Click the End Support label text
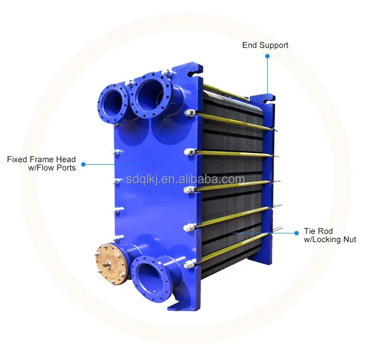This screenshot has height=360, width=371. [265, 45]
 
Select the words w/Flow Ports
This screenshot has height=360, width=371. [51, 168]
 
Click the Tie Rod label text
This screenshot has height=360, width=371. [318, 231]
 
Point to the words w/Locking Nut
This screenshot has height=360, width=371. [330, 240]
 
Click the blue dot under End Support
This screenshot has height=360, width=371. [267, 56]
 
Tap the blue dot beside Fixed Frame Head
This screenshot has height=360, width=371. [83, 164]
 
